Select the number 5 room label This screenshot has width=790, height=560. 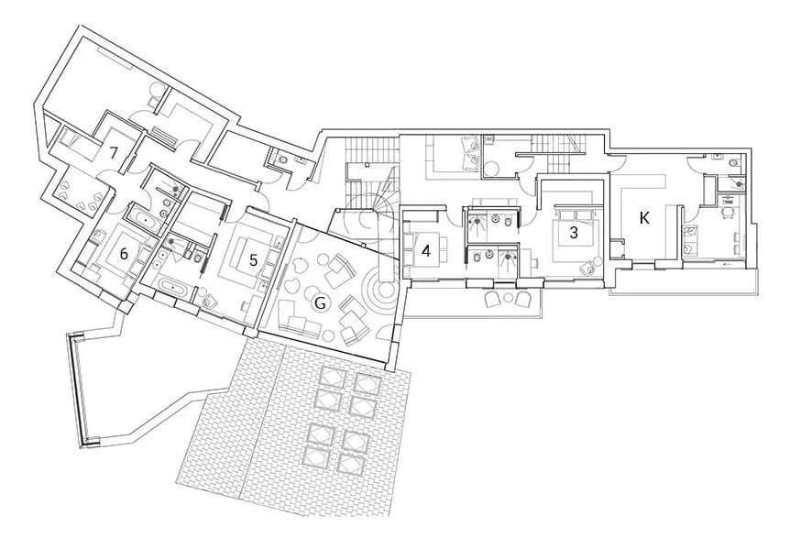[253, 259]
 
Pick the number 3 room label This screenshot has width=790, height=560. [574, 233]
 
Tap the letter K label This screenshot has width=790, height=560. [644, 218]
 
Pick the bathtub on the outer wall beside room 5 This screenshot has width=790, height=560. [173, 288]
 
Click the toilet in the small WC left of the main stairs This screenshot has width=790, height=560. [282, 160]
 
